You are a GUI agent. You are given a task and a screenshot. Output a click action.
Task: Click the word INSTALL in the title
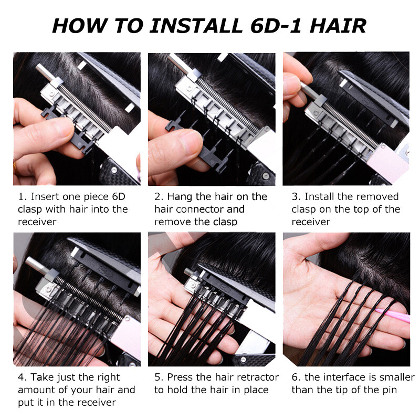point(195,25)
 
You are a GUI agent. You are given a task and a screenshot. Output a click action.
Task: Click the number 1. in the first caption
point(22,197)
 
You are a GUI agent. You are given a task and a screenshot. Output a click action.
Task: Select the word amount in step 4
point(37,390)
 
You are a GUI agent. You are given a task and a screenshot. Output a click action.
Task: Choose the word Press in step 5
point(180,377)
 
